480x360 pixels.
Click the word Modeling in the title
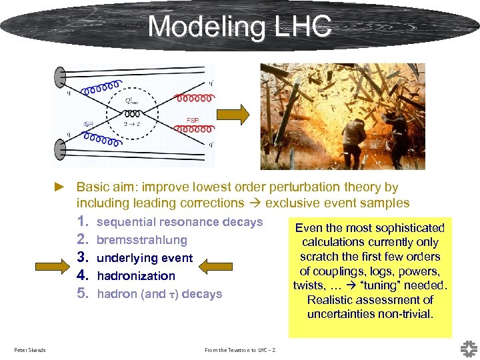(x=203, y=27)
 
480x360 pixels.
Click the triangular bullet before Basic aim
(x=59, y=188)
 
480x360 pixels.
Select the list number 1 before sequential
(x=83, y=222)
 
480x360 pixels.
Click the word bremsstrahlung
(x=142, y=240)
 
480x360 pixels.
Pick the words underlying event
(x=145, y=258)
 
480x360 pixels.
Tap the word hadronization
(x=136, y=276)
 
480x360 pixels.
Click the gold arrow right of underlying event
(x=213, y=267)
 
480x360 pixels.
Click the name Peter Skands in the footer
(x=29, y=350)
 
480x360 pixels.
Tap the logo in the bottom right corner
(x=468, y=348)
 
